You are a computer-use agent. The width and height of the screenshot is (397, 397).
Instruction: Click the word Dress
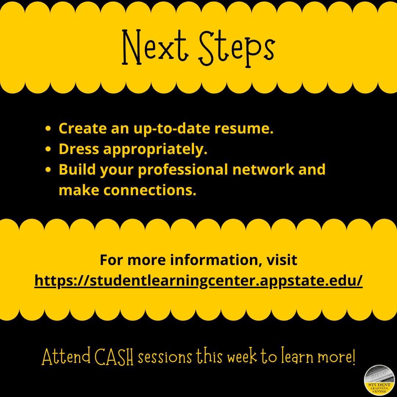79,149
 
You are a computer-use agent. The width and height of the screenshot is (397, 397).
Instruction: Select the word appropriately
155,150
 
